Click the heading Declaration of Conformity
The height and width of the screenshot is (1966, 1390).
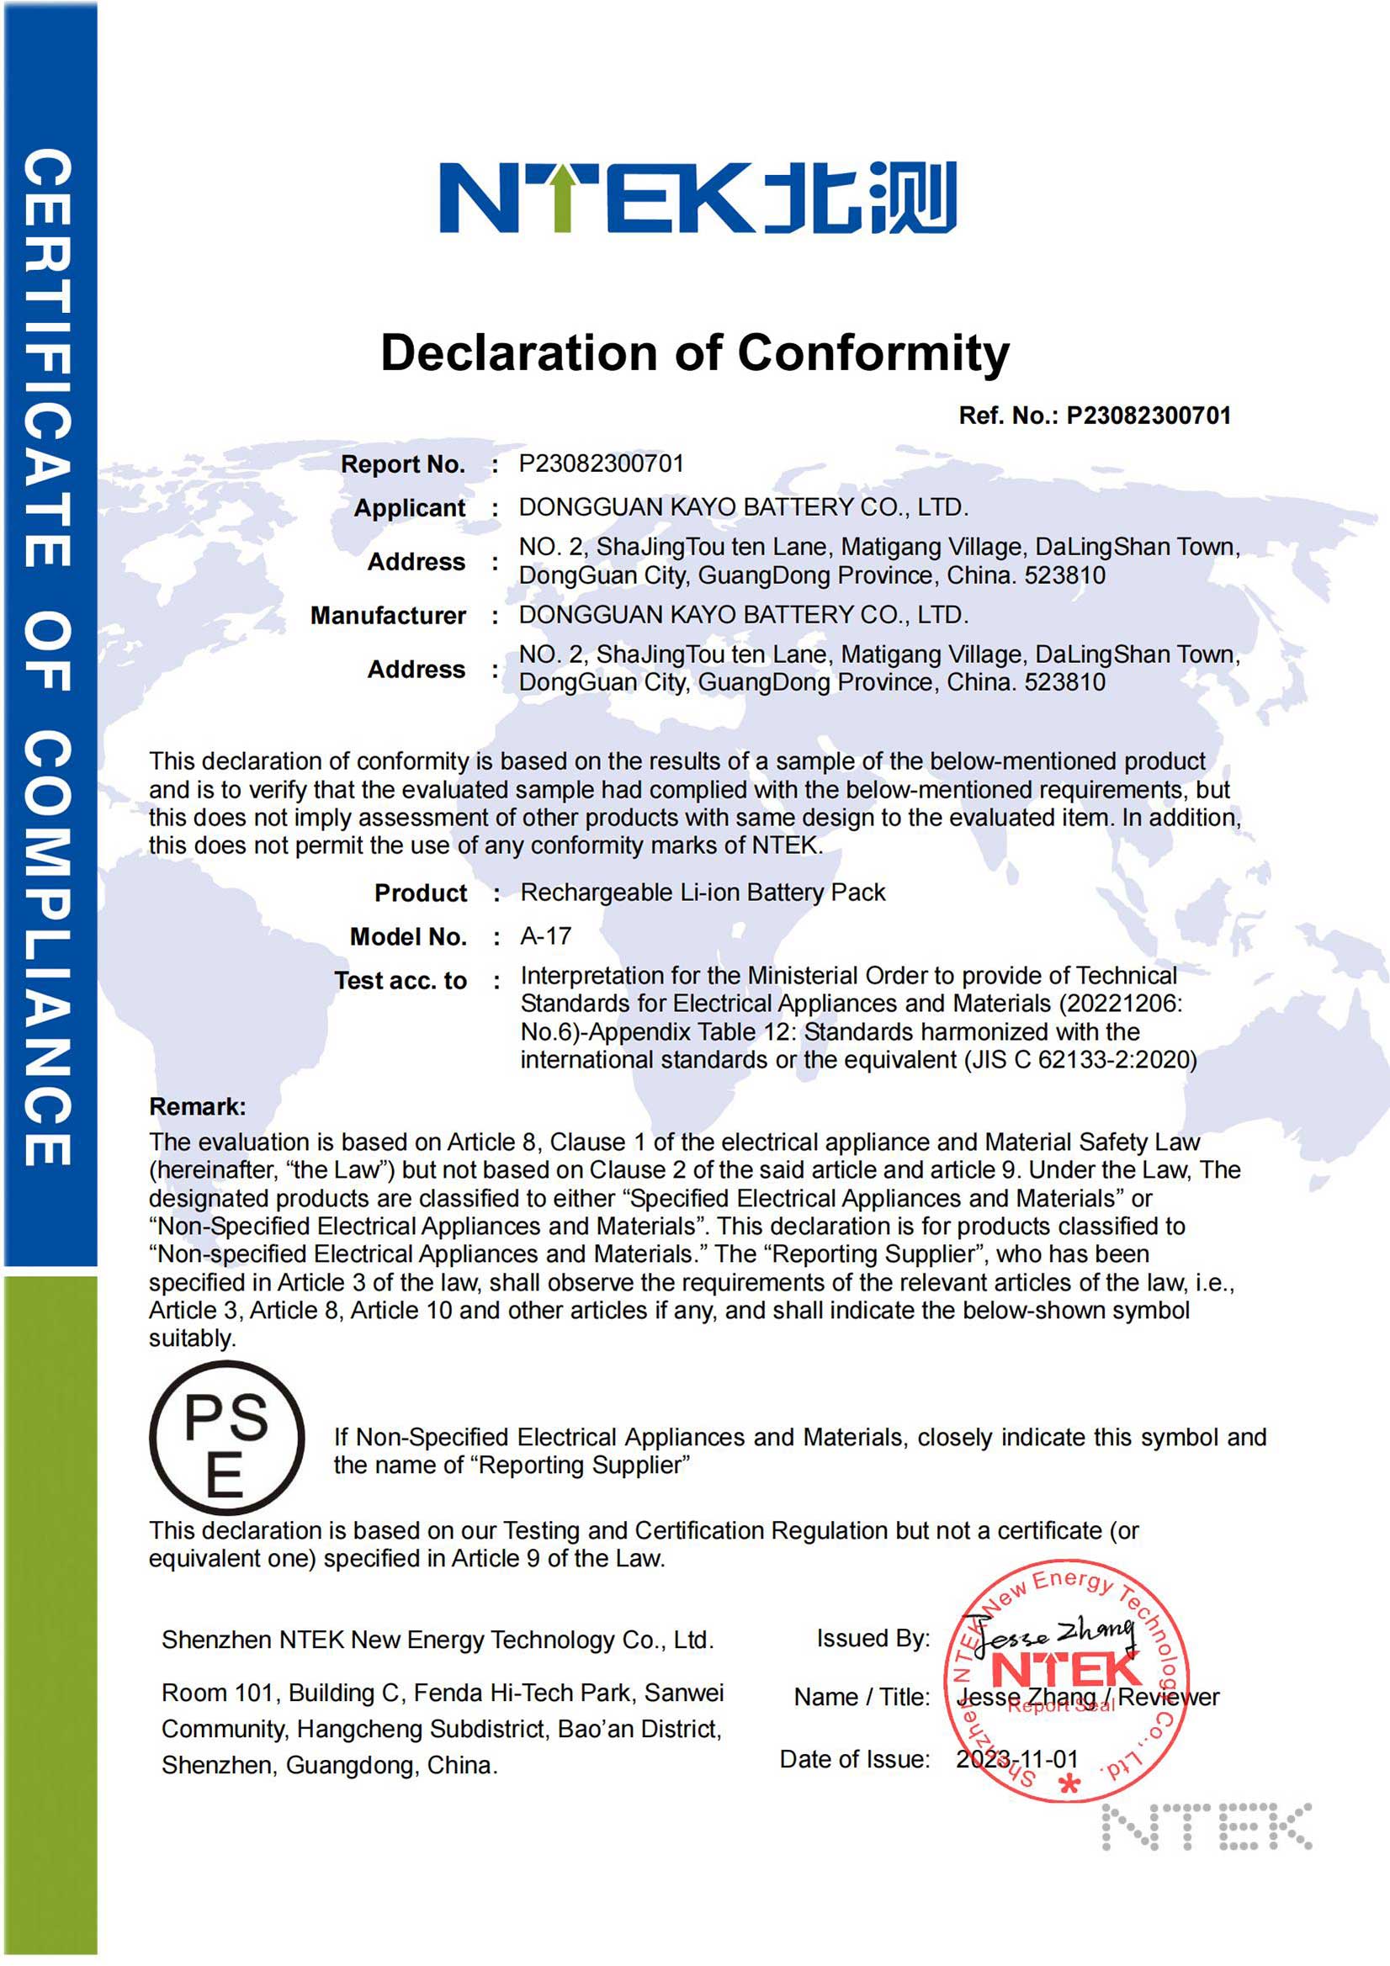point(694,352)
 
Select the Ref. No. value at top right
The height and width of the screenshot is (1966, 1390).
point(1148,416)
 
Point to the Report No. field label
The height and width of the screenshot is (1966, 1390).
point(402,464)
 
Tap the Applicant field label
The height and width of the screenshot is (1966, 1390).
point(410,508)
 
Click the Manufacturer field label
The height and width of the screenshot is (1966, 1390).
point(388,616)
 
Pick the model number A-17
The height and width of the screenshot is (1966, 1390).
point(545,936)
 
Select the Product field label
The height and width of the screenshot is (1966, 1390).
point(421,893)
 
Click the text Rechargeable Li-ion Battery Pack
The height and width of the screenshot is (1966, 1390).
point(703,893)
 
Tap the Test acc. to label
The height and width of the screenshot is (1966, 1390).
point(400,980)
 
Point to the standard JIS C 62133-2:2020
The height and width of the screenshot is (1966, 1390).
point(1080,1060)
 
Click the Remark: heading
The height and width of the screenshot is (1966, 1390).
point(197,1106)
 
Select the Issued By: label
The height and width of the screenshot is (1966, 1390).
point(873,1638)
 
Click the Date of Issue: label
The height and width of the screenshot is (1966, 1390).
point(854,1759)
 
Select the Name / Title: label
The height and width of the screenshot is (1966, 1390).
point(862,1697)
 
